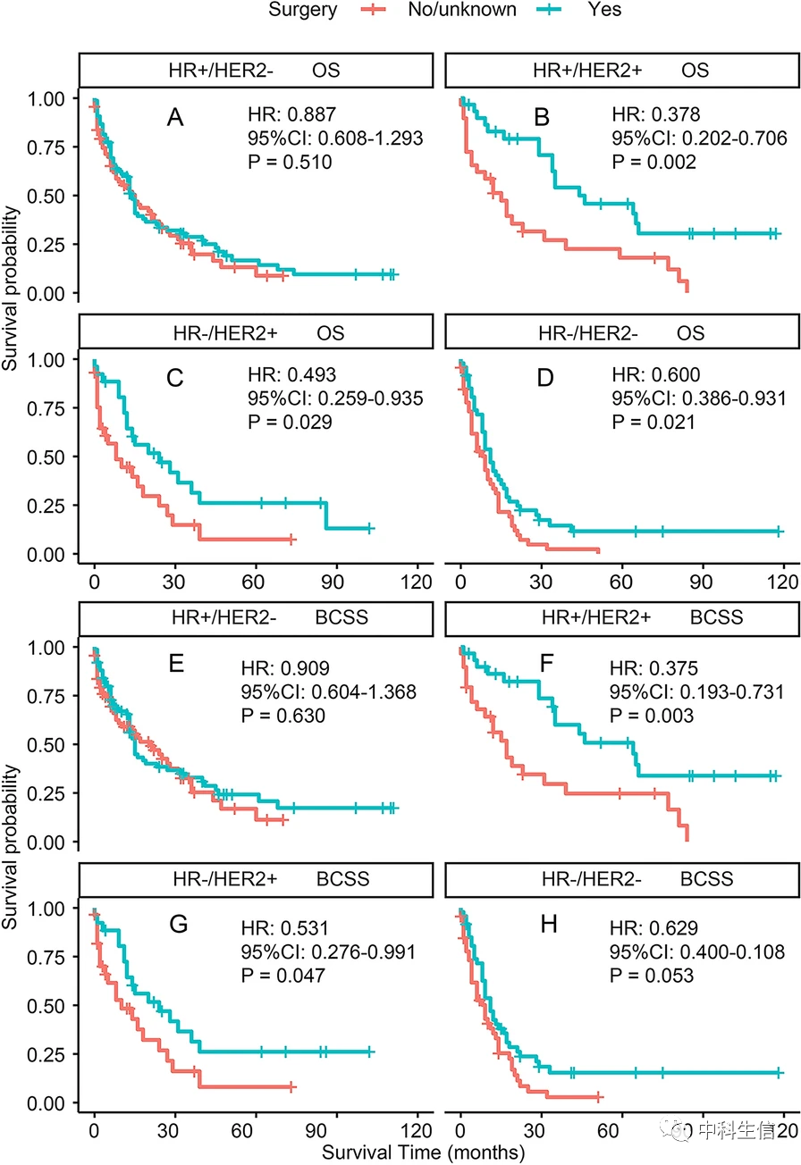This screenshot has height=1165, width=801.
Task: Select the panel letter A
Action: click(176, 117)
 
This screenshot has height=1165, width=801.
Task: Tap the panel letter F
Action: click(540, 666)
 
